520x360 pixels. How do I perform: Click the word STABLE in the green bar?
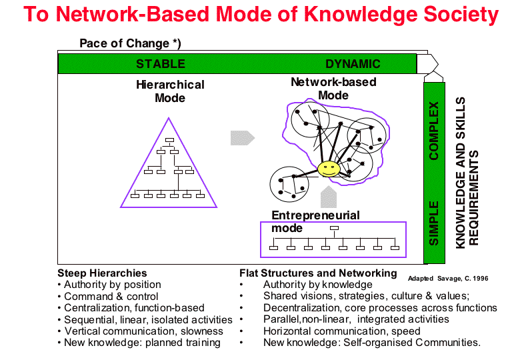tap(161, 63)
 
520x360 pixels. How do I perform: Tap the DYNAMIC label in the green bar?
tap(353, 63)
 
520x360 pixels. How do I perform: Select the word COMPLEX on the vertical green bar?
tap(434, 131)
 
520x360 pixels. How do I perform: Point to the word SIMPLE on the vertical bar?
tap(434, 223)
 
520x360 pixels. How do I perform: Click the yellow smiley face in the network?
tap(329, 169)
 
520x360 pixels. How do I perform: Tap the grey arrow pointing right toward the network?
tap(243, 138)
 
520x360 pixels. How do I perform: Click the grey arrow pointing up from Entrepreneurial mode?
tap(329, 197)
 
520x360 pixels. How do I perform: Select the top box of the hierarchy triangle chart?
tap(169, 140)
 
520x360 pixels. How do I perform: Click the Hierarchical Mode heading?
tap(170, 91)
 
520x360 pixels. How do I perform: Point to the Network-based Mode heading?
tap(333, 89)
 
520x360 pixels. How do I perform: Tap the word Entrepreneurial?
tap(315, 215)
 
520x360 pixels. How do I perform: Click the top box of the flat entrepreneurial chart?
tap(334, 228)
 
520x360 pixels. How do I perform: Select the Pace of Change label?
tap(130, 43)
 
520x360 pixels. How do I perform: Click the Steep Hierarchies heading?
tap(102, 273)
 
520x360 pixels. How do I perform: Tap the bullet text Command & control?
tap(111, 297)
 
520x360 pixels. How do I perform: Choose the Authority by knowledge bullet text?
tap(318, 285)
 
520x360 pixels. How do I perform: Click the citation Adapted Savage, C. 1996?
tap(448, 279)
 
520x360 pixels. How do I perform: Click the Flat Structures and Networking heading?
tap(318, 273)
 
